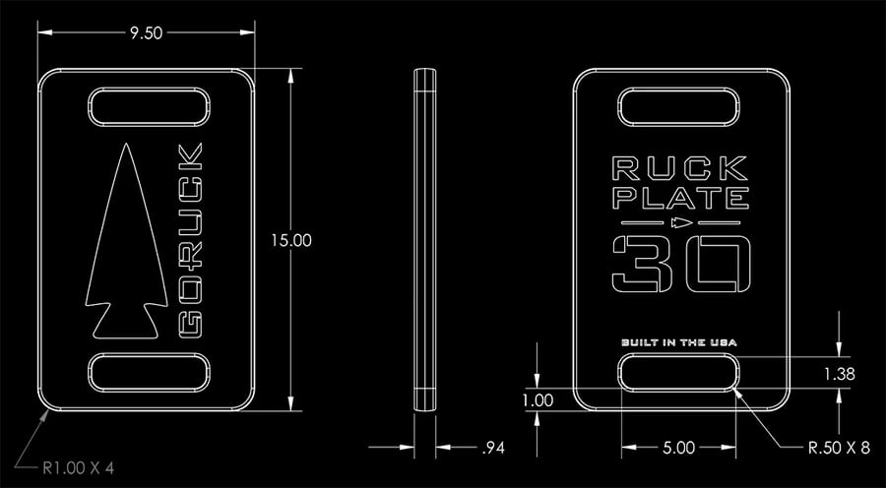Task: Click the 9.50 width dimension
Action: coord(146,31)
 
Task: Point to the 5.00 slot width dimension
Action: coord(679,448)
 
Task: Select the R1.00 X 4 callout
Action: coord(79,467)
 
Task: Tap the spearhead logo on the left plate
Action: coord(122,241)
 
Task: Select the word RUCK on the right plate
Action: coord(679,168)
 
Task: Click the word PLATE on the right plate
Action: coord(679,201)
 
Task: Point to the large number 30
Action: coord(679,264)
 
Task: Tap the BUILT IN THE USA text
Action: coord(679,342)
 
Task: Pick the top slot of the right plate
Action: coord(679,106)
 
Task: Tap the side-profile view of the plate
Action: coord(425,239)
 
